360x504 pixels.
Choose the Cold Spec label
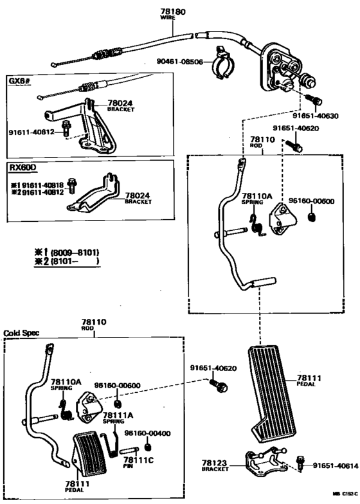point(22,333)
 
